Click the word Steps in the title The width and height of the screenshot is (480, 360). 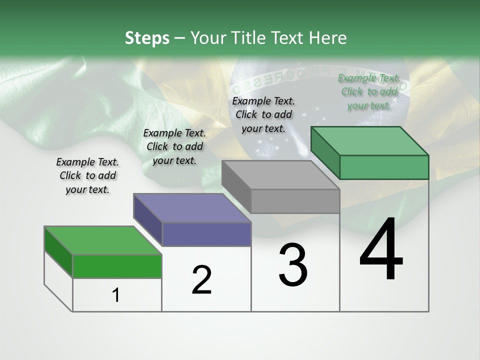[147, 38]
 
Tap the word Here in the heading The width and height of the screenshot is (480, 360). [326, 38]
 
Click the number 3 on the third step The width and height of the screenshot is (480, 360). [293, 264]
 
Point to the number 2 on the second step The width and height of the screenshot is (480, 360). [201, 280]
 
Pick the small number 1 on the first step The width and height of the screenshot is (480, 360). [116, 295]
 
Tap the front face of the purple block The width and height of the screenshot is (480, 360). [206, 234]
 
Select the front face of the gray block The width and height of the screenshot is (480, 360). [295, 201]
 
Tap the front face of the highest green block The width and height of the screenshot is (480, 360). [384, 167]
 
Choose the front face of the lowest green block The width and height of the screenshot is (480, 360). [117, 266]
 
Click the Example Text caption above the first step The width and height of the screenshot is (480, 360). [87, 175]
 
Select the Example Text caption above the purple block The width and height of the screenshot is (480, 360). [174, 146]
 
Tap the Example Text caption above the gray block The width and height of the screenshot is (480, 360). [263, 114]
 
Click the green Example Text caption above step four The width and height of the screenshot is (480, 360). [369, 91]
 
